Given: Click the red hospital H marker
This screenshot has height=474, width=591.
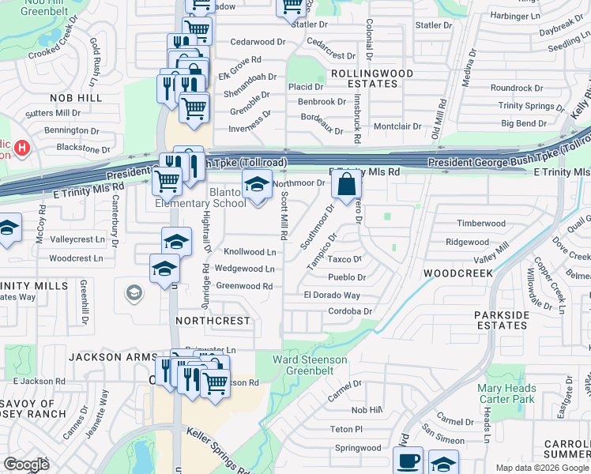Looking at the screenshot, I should click(21, 147).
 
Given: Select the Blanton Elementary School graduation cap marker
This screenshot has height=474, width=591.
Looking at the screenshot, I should click(256, 185).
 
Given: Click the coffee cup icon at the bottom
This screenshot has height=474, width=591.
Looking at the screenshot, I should click(408, 461).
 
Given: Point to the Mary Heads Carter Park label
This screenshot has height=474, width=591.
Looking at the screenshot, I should click(506, 393).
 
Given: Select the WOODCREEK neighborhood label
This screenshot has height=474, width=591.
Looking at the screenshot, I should click(458, 273).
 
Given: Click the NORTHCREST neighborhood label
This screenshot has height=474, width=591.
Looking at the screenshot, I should click(213, 322).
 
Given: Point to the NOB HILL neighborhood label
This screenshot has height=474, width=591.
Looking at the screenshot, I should click(76, 97).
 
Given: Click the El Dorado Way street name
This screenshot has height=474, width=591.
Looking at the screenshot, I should click(332, 295).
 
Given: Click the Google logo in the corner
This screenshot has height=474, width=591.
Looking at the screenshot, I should click(27, 465).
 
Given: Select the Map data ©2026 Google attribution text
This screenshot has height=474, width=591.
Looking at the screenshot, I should click(541, 468).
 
